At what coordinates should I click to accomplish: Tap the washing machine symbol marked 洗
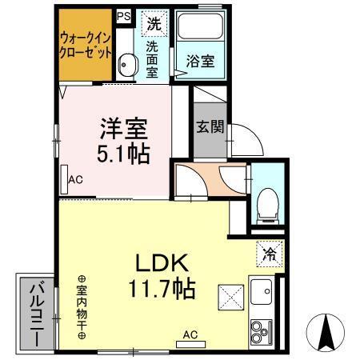tap(153, 23)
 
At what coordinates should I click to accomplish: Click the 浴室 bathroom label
tap(200, 62)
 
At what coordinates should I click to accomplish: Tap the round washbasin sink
tap(126, 65)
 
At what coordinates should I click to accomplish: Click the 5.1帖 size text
tap(123, 153)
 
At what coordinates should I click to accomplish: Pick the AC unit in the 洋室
tap(64, 179)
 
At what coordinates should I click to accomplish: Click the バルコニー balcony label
tap(37, 314)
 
